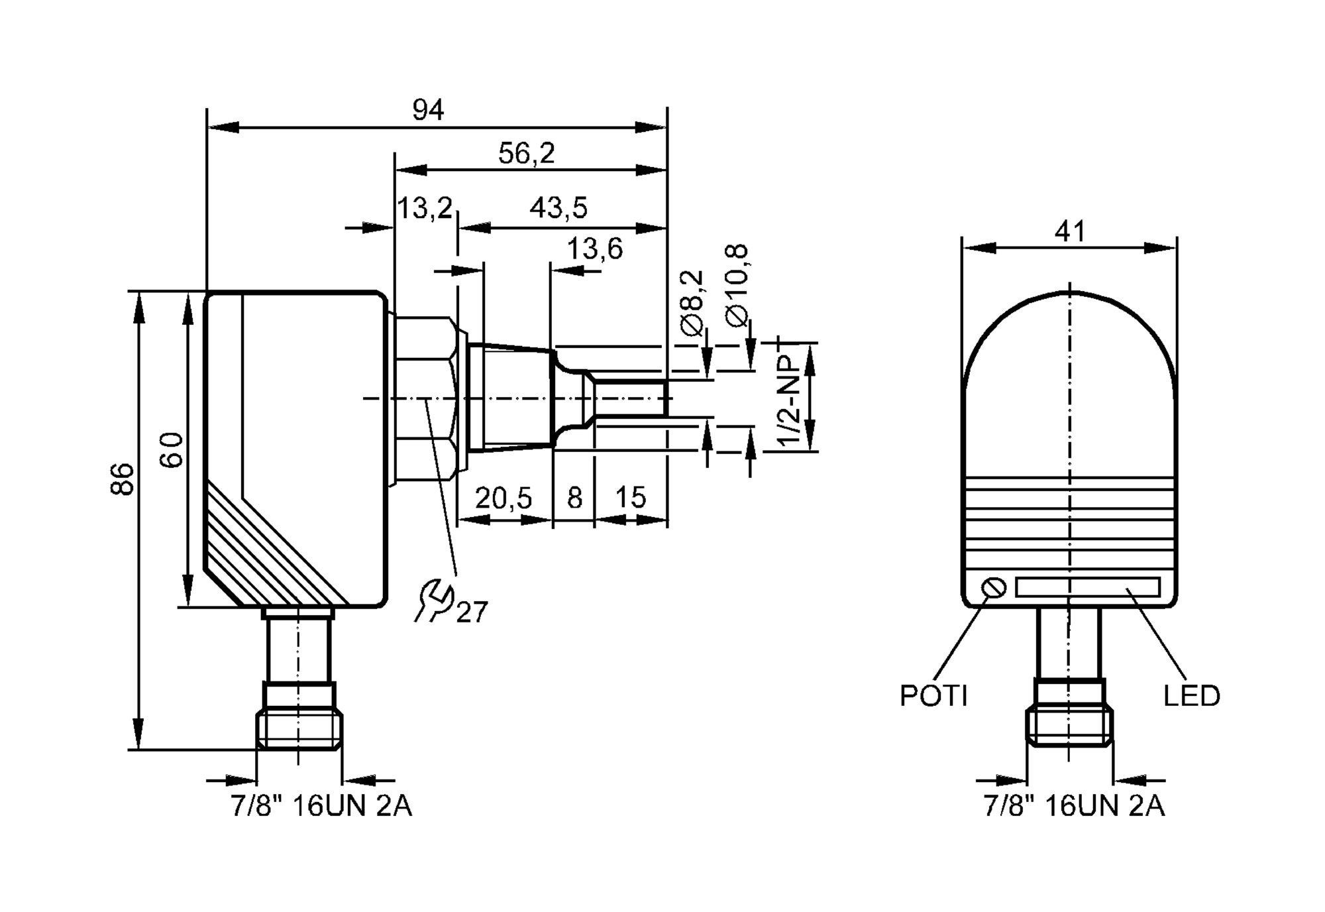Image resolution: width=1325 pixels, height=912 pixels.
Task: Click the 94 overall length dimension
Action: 428,110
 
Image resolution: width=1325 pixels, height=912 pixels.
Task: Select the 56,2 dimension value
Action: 526,154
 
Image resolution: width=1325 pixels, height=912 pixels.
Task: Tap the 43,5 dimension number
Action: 558,208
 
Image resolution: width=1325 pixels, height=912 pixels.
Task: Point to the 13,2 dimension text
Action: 424,208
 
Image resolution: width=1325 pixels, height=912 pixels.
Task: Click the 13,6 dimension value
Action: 594,249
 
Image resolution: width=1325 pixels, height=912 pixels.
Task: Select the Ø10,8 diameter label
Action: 737,285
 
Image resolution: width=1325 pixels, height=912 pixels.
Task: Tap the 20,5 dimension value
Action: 503,498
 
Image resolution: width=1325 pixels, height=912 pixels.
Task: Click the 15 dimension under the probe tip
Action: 630,498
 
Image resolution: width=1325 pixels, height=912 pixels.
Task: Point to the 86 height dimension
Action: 123,479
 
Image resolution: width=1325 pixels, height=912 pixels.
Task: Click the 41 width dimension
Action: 1070,232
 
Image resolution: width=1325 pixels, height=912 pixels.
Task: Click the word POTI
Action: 933,696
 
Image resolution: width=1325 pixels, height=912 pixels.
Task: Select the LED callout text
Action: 1191,696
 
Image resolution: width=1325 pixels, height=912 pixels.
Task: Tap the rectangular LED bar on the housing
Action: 1087,587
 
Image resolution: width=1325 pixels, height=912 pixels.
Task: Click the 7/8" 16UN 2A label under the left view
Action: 321,806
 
